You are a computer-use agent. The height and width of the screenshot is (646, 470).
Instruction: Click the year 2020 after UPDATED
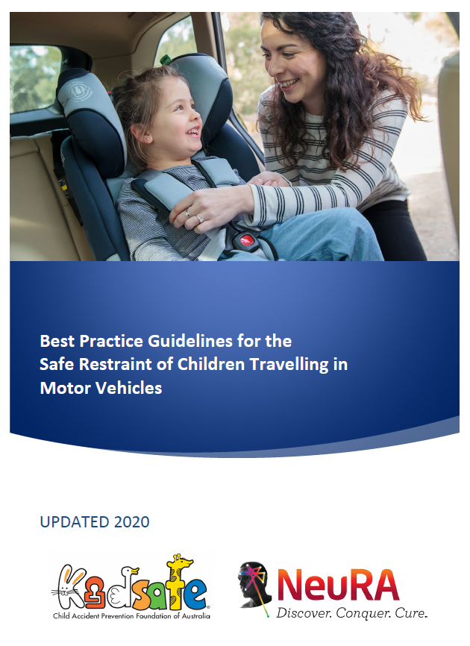coord(132,522)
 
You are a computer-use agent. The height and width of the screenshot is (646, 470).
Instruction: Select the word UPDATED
coord(73,522)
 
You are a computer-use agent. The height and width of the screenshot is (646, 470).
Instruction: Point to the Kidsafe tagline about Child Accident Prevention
coord(131,617)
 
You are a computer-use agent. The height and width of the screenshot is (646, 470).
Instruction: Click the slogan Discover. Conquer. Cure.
coord(351,614)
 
